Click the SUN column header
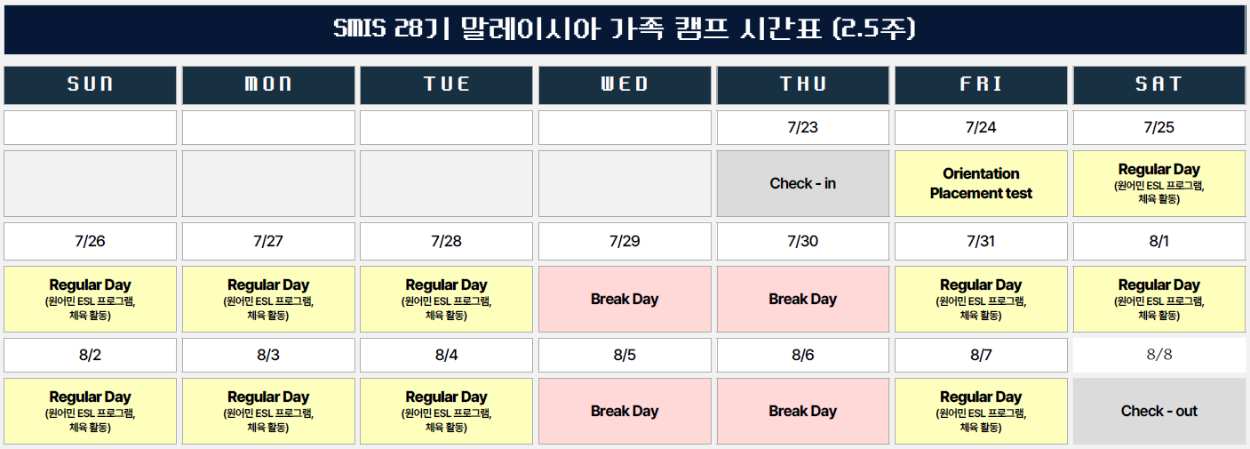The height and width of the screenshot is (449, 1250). (x=91, y=84)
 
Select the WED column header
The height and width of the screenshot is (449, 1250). (x=625, y=84)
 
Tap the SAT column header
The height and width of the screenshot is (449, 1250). (x=1159, y=84)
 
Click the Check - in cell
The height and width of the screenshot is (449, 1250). (x=802, y=184)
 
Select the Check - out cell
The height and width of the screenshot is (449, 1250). (x=1159, y=411)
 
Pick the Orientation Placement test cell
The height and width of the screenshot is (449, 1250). (x=981, y=183)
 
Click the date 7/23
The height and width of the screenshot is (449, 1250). (x=802, y=127)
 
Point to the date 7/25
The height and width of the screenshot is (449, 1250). (x=1159, y=127)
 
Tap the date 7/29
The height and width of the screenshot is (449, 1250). (x=625, y=241)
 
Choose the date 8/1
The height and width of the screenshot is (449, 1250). (x=1159, y=241)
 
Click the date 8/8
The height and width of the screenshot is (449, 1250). (x=1159, y=355)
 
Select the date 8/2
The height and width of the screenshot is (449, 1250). (x=91, y=355)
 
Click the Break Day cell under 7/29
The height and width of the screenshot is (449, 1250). (x=625, y=299)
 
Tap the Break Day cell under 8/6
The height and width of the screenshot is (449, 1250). (x=802, y=411)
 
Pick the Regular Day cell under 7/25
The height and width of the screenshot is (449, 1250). (x=1159, y=183)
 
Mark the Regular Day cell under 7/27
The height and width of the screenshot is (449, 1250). (x=268, y=299)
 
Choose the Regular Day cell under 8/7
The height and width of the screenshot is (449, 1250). (x=981, y=411)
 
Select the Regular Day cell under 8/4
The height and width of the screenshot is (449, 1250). (x=446, y=411)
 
